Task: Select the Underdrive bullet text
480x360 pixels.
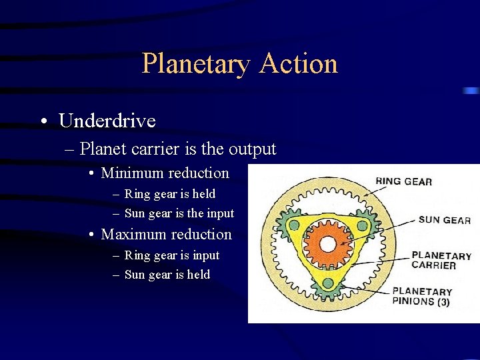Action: [x=107, y=121]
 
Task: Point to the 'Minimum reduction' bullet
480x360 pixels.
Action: [x=165, y=173]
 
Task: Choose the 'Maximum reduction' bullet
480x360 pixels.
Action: [x=166, y=235]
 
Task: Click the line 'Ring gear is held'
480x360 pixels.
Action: [x=170, y=194]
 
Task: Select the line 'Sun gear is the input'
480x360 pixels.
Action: [x=179, y=213]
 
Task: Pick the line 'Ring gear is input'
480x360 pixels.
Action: [x=172, y=255]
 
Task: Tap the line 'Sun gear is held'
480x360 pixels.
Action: [x=167, y=275]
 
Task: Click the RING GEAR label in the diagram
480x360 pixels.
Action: [x=403, y=181]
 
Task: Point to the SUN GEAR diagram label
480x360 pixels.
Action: [x=444, y=220]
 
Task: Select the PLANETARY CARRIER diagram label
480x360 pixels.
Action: [x=441, y=261]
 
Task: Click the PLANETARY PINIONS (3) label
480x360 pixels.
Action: [x=422, y=297]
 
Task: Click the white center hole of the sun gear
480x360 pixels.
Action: [x=327, y=244]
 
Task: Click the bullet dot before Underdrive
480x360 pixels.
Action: [x=43, y=121]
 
